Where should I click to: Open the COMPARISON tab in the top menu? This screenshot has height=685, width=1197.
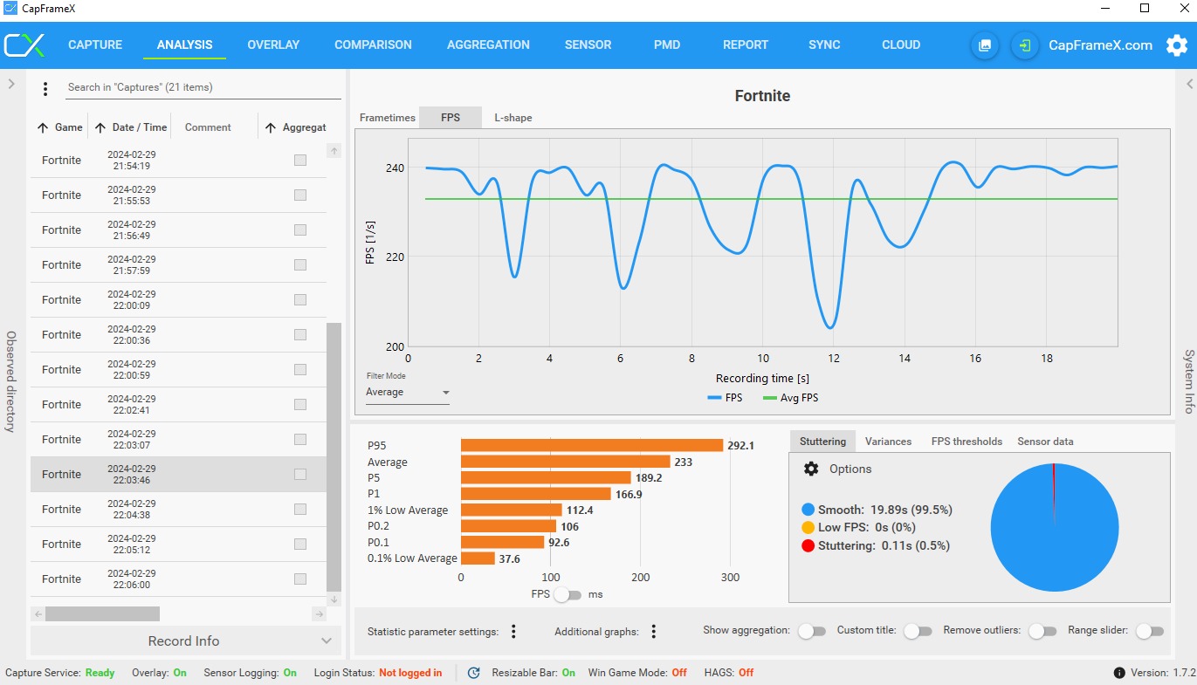pos(373,45)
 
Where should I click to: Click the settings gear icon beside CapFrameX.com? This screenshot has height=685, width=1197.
pos(1177,45)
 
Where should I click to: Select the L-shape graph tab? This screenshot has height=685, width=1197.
pos(513,118)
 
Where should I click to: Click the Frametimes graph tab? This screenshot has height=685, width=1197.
pos(388,118)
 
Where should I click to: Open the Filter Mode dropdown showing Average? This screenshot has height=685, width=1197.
pos(408,393)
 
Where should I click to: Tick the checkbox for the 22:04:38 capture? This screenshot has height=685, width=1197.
pos(300,510)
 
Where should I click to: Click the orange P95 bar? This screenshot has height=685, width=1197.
pos(591,445)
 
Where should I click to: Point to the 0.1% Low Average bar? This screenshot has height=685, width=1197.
pos(478,558)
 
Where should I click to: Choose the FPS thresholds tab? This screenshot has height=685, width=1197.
pos(967,442)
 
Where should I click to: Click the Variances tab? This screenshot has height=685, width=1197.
pos(888,442)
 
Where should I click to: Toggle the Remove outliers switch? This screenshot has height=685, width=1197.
pos(1042,631)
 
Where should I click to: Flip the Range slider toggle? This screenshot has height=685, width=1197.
pos(1149,631)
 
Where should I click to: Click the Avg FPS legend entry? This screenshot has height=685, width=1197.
pos(790,398)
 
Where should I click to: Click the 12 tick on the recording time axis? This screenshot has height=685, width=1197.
pos(834,359)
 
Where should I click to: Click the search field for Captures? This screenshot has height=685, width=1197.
pos(203,87)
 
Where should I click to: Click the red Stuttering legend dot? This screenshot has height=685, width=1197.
pos(808,546)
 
